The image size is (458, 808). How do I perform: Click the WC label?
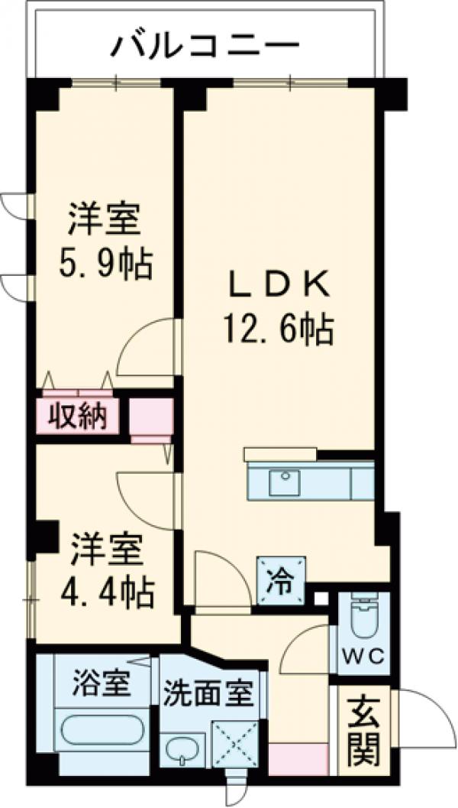[364, 657]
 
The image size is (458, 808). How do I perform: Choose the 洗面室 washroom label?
[207, 695]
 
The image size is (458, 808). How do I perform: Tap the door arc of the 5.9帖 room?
[149, 348]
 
